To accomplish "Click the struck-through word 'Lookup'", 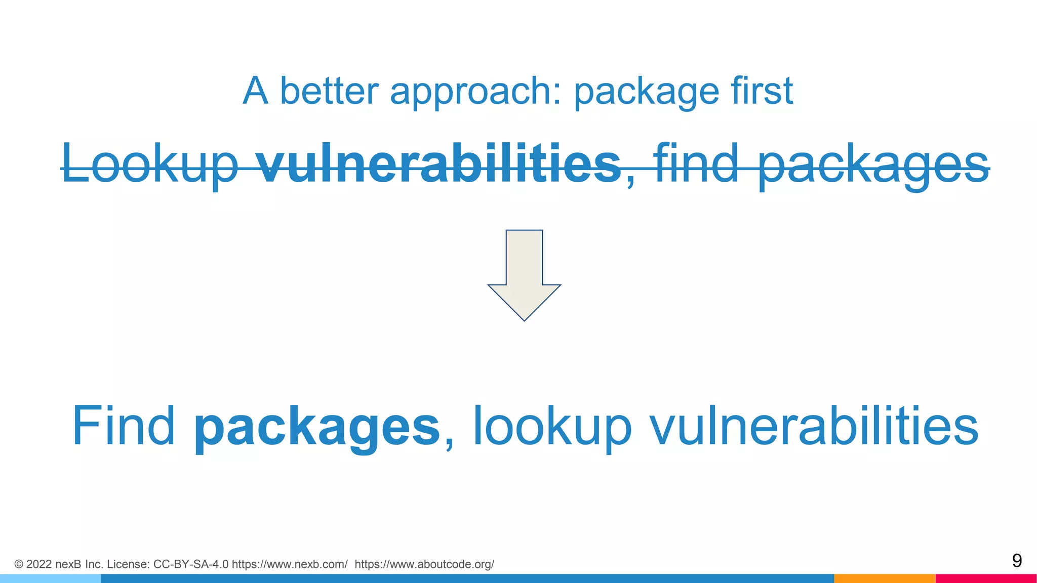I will [x=150, y=164].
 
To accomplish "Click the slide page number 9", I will [x=1016, y=561].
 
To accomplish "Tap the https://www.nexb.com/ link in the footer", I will [x=290, y=564].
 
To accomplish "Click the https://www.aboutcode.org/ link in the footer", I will [x=424, y=564].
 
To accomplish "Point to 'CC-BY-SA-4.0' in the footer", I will [x=190, y=564].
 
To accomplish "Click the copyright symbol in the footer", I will [x=19, y=564].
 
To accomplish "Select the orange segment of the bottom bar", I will [x=884, y=578].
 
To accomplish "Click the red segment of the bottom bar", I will [x=986, y=578].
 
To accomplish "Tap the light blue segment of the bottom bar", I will [x=51, y=578].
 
